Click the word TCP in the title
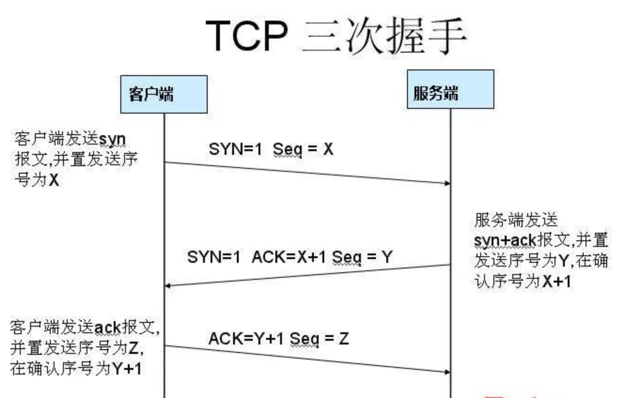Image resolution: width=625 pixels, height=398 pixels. pos(246,36)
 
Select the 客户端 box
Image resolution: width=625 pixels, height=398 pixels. pos(164,94)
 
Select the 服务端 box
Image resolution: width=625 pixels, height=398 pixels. pos(450,89)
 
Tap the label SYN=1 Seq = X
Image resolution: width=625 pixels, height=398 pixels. pos(271,149)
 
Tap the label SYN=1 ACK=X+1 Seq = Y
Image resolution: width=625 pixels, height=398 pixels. pos(289,257)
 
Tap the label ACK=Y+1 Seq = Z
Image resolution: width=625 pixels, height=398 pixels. pos(279,338)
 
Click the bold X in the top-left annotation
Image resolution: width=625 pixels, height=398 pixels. pos(54,180)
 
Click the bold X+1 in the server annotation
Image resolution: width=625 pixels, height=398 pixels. pos(557,281)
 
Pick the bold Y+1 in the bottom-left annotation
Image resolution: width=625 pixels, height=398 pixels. pos(127,368)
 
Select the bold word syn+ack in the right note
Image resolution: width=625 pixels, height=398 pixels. pos(505,241)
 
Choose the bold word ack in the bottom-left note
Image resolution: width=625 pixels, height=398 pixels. pos(108,329)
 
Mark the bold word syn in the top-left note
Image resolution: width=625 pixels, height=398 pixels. pos(112,140)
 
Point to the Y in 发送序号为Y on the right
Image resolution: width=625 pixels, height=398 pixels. pos(564,261)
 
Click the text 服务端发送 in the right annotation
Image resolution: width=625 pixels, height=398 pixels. pos(516,220)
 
